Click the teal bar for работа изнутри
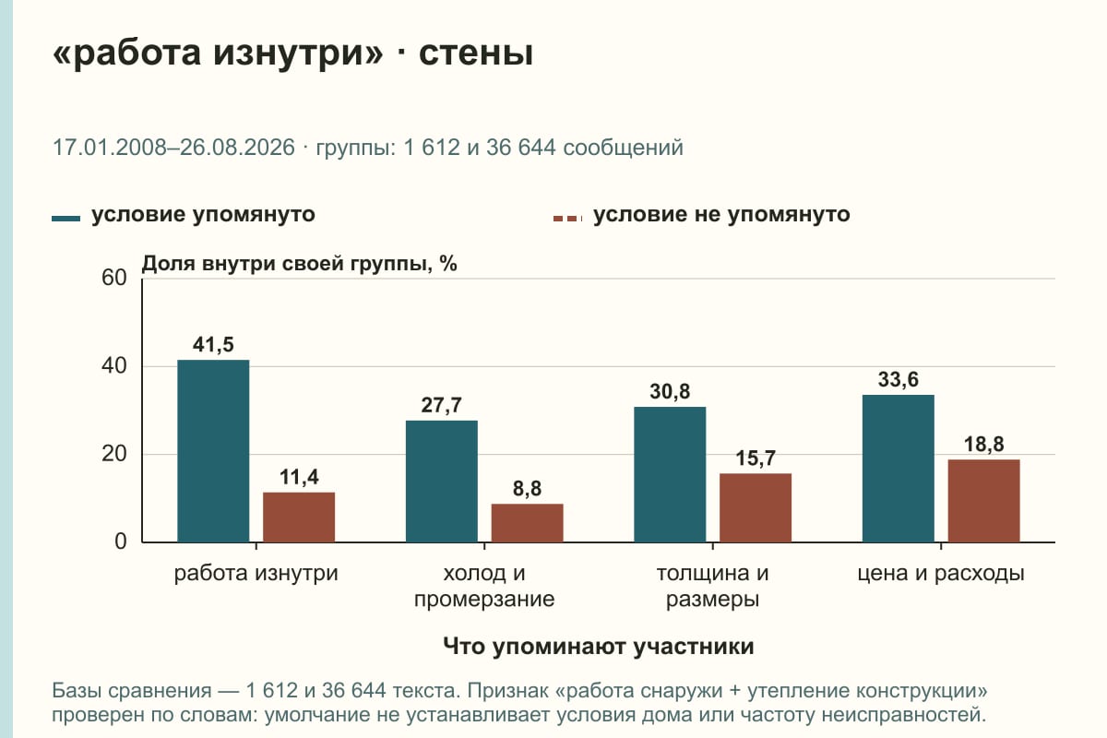pos(213,451)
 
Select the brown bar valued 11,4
pos(299,517)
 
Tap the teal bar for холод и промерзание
pos(441,482)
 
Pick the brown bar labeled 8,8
pos(527,523)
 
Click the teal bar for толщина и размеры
pos(670,474)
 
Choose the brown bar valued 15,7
pos(756,507)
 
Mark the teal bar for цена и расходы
pos(898,469)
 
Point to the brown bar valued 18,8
pos(983,501)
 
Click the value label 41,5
pos(213,344)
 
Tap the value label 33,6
pos(898,380)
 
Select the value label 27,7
pos(441,405)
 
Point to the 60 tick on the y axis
pos(114,278)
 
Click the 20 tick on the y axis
pos(114,454)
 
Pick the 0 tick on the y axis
pos(121,542)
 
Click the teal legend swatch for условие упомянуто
pos(65,219)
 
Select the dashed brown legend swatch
pos(568,219)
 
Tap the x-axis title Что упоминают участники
pos(599,646)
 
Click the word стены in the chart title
pos(476,53)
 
